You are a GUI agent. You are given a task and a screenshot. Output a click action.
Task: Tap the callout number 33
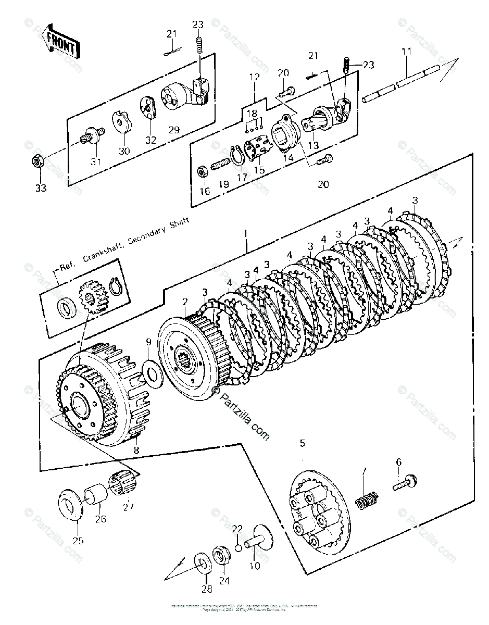pos(40,187)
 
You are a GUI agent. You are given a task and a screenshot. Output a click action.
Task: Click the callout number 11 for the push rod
pos(406,52)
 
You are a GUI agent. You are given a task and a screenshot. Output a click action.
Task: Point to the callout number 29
pos(173,130)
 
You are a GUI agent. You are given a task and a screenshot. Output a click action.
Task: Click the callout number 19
pos(223,184)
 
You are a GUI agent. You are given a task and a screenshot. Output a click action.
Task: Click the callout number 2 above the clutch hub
pos(184,302)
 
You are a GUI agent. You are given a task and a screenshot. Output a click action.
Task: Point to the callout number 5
pos(302,443)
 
